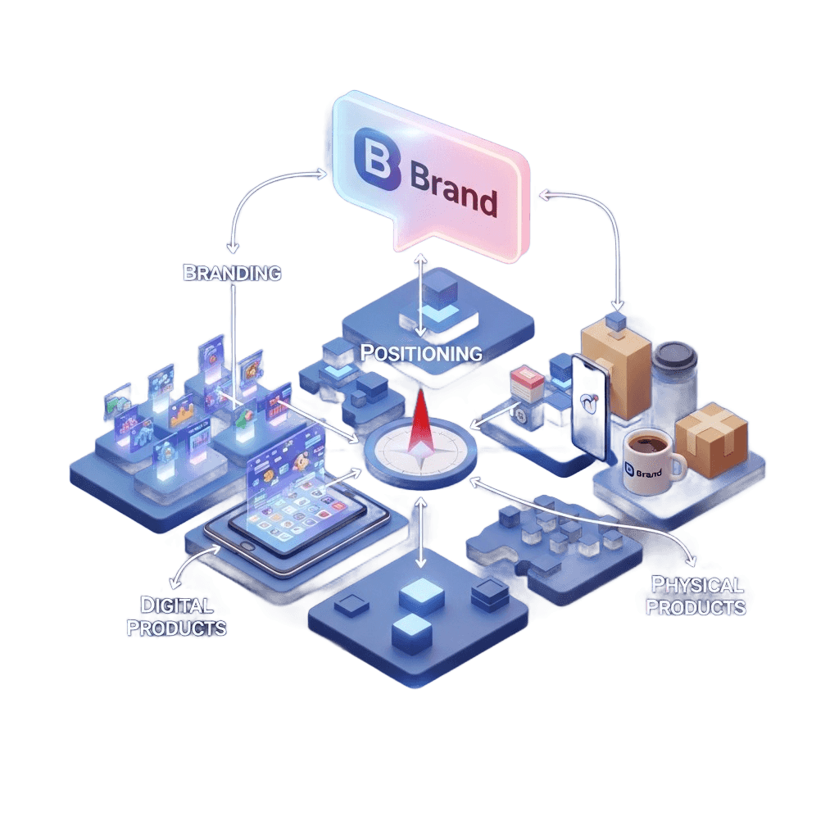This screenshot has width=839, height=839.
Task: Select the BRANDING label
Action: coord(232,273)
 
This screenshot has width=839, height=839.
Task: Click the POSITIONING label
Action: coord(421,354)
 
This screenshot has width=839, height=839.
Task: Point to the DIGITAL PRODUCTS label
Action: coord(177,617)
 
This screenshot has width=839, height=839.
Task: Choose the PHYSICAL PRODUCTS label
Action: coord(696,596)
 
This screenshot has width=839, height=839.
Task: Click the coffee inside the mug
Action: coord(646,443)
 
